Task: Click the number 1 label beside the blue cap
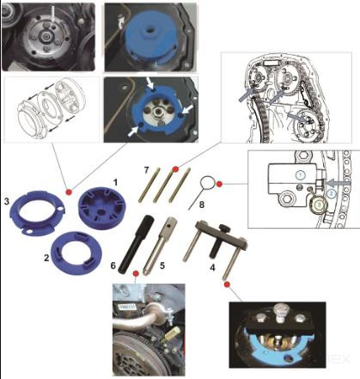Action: (x=115, y=182)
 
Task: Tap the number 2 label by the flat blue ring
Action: (x=46, y=258)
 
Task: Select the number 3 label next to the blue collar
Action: (x=7, y=201)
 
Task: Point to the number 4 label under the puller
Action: (x=212, y=268)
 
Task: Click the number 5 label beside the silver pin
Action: (x=162, y=266)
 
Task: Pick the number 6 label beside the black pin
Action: (x=113, y=266)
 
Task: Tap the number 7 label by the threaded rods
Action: (x=146, y=170)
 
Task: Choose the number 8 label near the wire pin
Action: (x=202, y=205)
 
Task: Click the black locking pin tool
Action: (x=137, y=246)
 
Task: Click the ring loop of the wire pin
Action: (x=207, y=183)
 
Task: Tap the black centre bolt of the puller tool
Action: (x=217, y=241)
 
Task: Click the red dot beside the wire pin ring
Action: (x=219, y=184)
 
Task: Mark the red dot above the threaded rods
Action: (x=175, y=169)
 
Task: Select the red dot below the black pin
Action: (x=136, y=273)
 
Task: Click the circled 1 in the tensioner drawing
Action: (x=300, y=174)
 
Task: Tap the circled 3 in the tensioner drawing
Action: (x=318, y=205)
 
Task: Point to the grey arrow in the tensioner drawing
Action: (x=339, y=183)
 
